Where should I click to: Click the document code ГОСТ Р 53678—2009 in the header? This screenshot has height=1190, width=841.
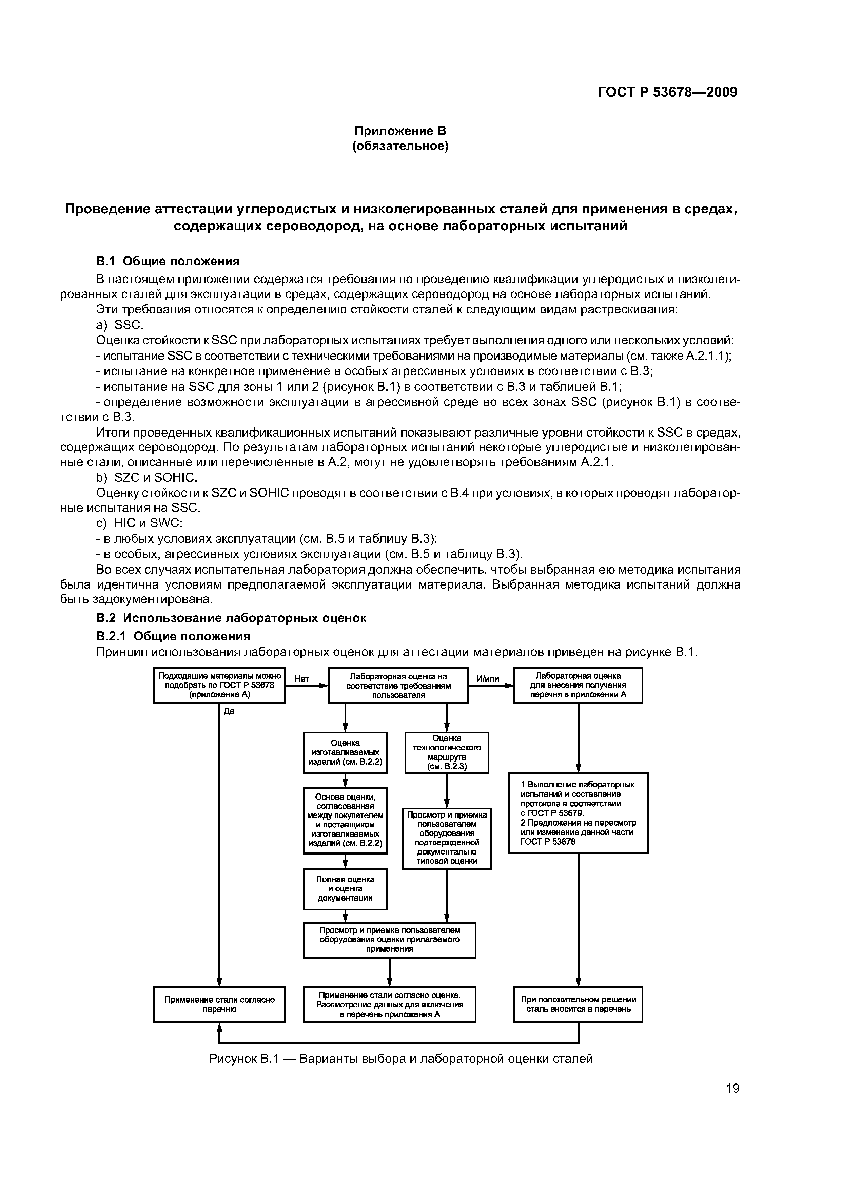(667, 92)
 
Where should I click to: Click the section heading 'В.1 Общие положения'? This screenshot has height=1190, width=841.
(168, 261)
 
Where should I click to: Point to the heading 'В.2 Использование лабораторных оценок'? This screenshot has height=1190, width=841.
(231, 618)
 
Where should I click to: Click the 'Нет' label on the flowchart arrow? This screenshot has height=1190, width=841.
(301, 678)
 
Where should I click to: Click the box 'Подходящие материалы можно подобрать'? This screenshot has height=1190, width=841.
(219, 685)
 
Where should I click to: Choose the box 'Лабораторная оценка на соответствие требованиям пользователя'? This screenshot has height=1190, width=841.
(398, 685)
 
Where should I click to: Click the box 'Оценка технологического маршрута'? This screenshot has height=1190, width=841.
(446, 752)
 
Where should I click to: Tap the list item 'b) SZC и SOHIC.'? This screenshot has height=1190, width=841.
(146, 477)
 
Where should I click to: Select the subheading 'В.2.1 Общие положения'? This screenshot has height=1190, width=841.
(173, 636)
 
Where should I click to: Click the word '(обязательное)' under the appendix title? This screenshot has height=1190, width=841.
(400, 147)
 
